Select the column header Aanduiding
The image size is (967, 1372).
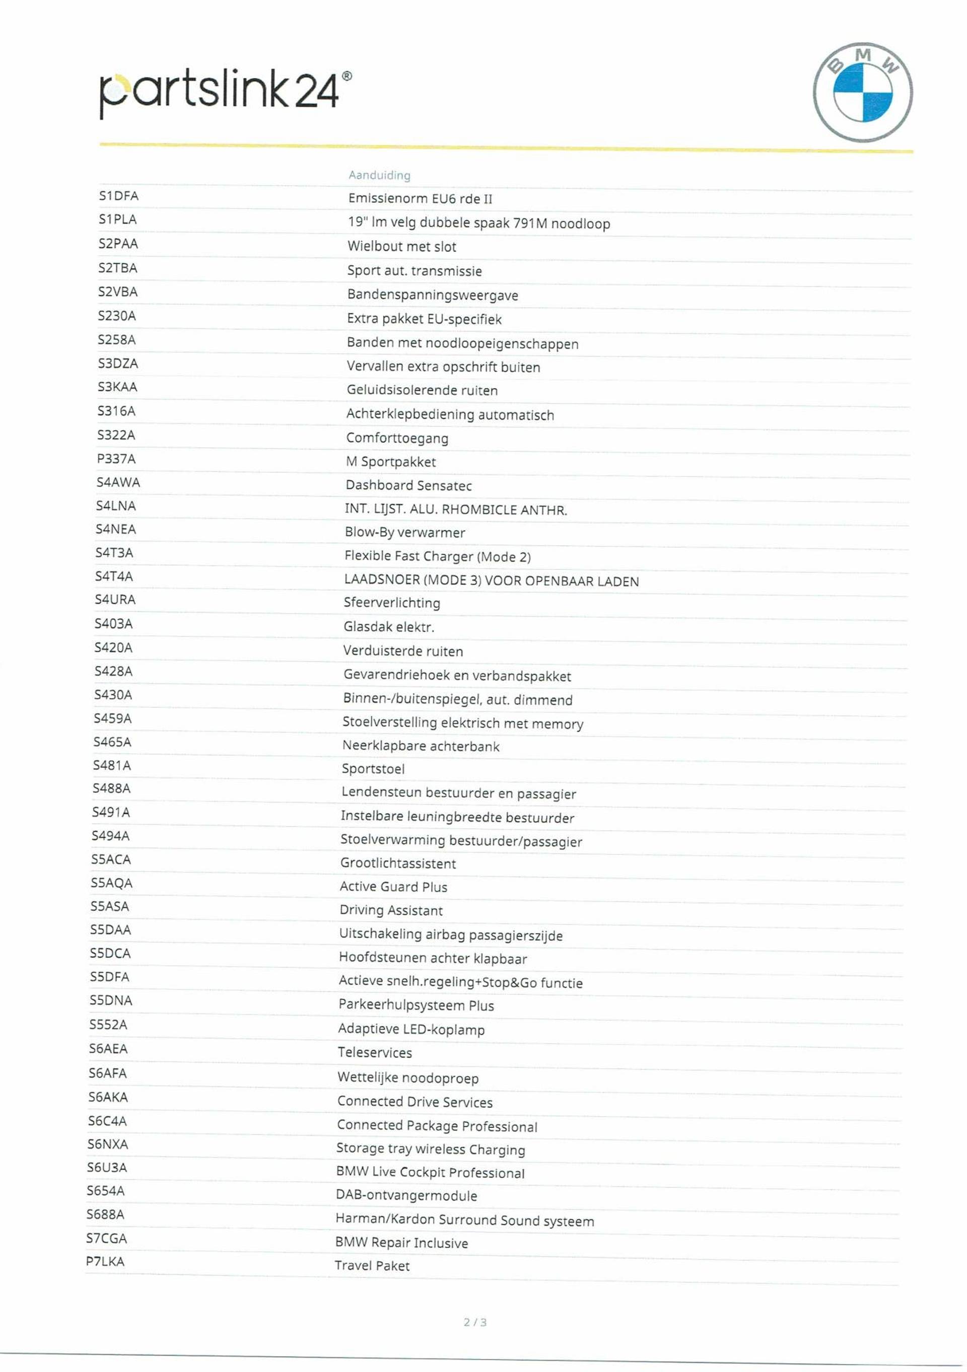380,175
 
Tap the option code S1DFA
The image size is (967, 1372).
118,196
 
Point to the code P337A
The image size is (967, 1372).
116,459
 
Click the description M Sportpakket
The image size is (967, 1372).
391,462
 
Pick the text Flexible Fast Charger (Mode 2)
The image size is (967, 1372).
438,556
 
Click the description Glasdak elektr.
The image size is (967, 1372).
388,627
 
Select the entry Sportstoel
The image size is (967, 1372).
373,769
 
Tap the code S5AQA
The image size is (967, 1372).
111,883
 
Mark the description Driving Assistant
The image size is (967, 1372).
391,910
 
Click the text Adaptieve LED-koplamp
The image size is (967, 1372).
411,1029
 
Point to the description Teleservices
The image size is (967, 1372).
375,1053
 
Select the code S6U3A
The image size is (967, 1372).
107,1168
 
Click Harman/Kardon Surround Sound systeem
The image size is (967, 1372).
464,1220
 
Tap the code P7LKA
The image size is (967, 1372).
105,1261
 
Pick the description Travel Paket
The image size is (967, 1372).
372,1266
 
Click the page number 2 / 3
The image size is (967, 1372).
475,1322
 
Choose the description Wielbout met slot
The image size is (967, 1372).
401,247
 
